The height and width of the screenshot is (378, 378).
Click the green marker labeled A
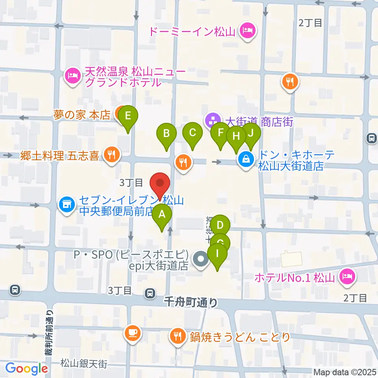tap(162, 216)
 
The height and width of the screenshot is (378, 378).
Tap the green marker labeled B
tap(167, 134)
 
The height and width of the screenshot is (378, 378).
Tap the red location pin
tap(160, 183)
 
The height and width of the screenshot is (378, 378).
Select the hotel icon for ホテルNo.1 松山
tap(347, 277)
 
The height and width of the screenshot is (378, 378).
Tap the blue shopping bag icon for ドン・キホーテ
tap(246, 160)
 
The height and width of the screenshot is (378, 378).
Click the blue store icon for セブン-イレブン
tap(67, 205)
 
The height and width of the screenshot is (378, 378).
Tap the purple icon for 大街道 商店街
tap(212, 120)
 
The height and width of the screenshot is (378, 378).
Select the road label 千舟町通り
tap(190, 302)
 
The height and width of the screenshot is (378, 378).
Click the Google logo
tap(26, 369)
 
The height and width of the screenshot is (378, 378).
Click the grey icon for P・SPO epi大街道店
tap(201, 260)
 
